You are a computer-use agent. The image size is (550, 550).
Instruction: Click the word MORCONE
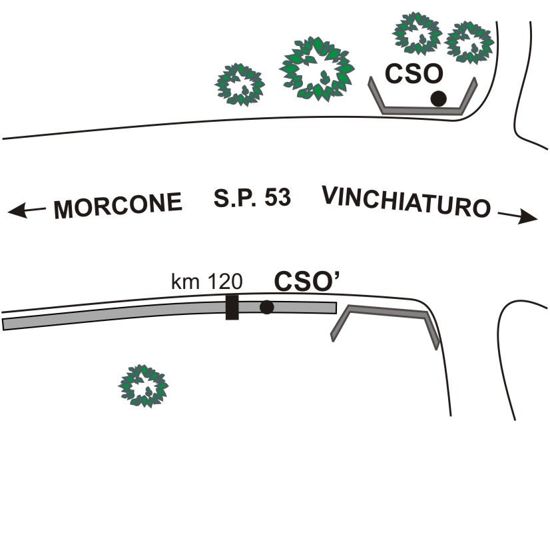point(118,205)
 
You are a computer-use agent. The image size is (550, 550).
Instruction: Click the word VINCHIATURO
point(406,202)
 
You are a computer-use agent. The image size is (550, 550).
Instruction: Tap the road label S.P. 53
point(252,198)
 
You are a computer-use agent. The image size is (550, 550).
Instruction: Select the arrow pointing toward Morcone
point(27,210)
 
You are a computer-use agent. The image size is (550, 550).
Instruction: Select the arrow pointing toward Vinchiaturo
point(518,216)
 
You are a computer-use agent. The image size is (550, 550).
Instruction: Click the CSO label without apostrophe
point(414,74)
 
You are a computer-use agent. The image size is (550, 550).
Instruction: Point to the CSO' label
point(307,281)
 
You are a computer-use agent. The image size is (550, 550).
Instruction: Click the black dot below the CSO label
point(439,99)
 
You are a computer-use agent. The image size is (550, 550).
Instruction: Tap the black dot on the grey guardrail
point(266,307)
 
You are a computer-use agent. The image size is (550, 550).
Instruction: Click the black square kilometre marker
point(232,307)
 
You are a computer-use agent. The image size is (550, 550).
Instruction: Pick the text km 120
point(206,281)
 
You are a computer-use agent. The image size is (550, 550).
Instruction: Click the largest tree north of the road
point(317,69)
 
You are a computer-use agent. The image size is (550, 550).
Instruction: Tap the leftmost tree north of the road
point(240,85)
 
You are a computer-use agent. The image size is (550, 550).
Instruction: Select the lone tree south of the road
point(143,386)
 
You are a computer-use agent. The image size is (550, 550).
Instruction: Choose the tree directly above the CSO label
point(417,34)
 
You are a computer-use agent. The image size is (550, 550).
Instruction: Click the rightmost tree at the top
point(469,42)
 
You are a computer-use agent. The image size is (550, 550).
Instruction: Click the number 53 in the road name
point(278,198)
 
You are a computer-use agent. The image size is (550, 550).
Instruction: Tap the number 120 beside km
point(225,281)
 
